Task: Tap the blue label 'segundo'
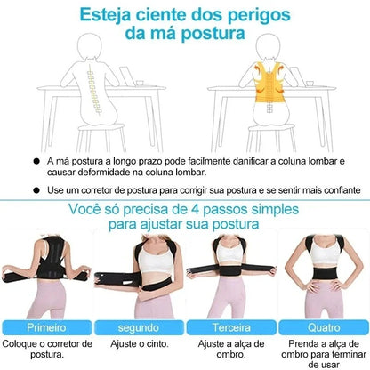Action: click(136, 326)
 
